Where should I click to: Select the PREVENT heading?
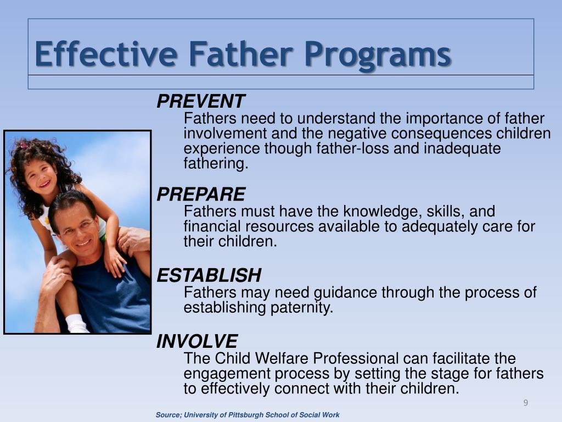coord(200,102)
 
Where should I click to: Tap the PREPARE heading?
coord(201,195)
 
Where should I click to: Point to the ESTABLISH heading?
coord(209,275)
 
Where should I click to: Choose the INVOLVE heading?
coord(197,342)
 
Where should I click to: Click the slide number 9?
coord(525,403)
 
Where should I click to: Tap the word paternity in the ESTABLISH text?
coord(301,308)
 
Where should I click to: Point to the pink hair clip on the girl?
coord(23,146)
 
